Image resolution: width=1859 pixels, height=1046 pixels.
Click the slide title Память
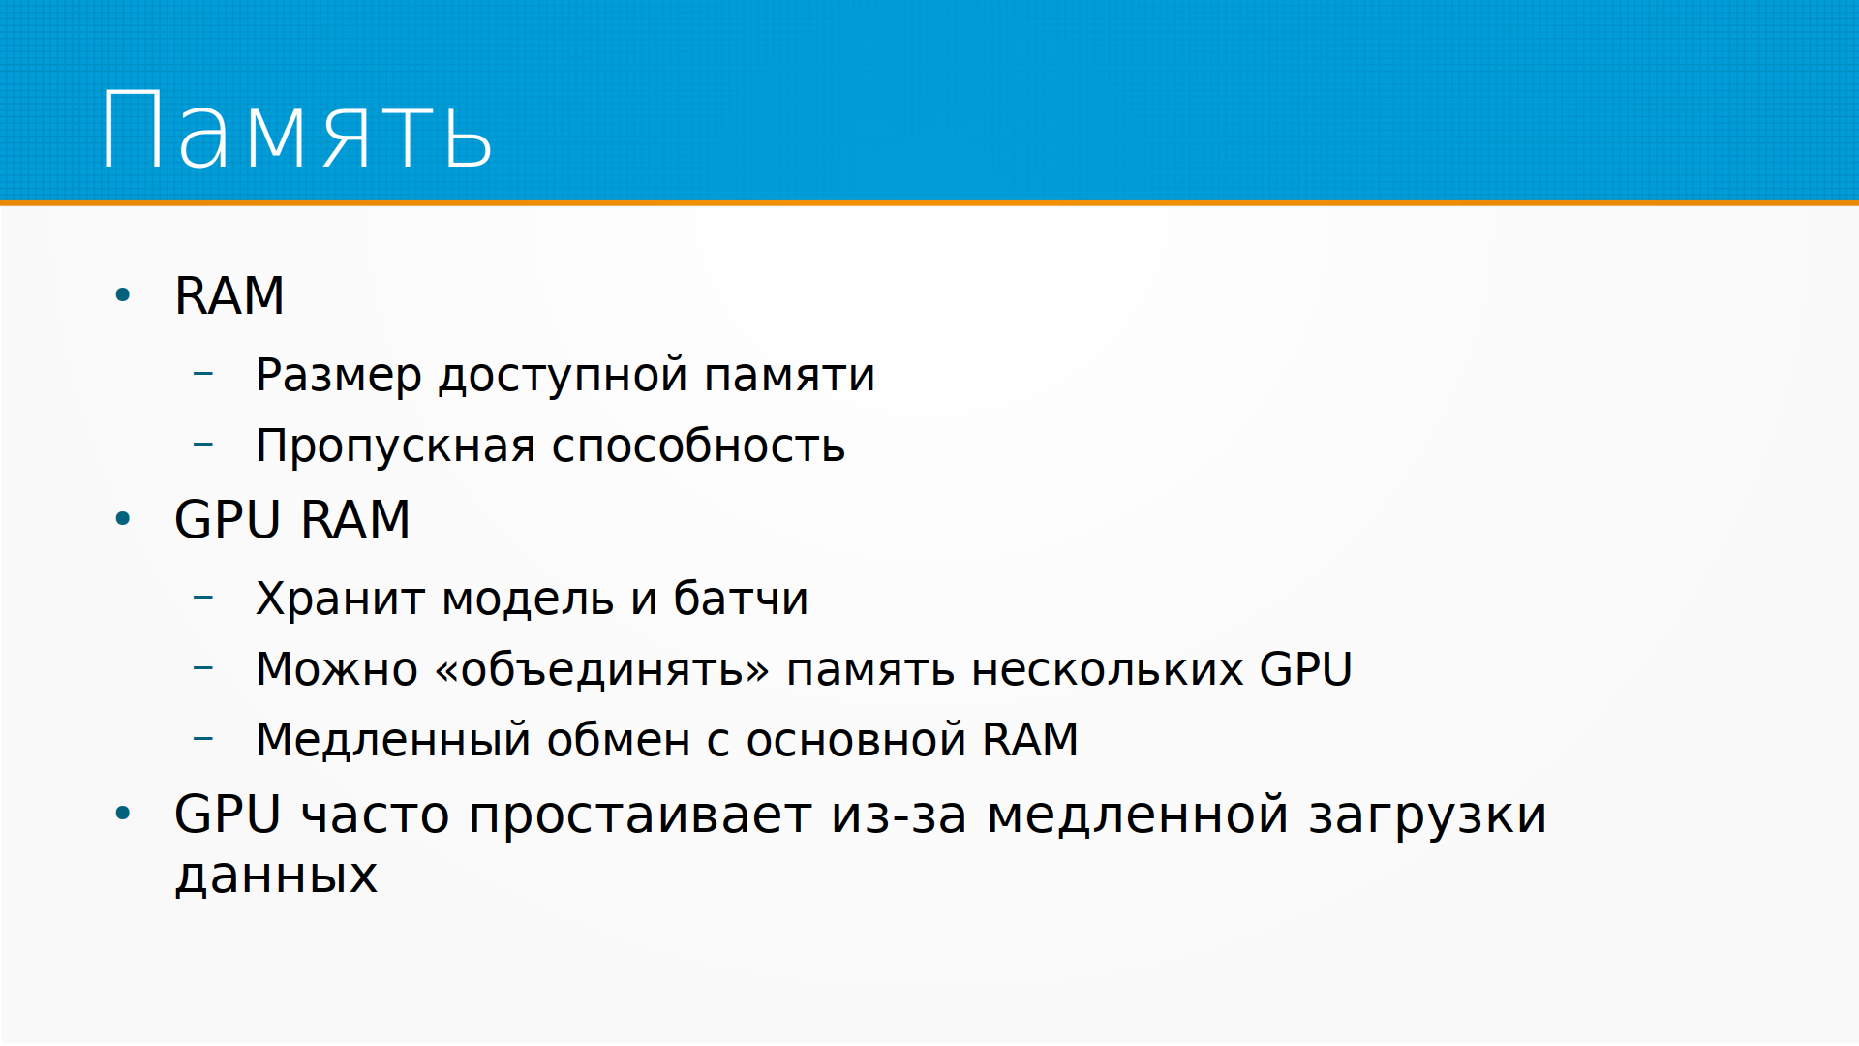296,130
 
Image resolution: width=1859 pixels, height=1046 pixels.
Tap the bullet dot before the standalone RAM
122,294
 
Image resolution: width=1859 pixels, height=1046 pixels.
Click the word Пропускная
396,446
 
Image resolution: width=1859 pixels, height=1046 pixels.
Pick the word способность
698,446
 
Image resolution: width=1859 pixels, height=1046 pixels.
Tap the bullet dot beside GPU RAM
122,519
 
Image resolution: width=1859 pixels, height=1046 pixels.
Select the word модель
528,599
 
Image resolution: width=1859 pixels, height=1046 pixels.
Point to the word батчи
741,599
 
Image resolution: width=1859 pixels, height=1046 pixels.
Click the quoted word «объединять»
602,669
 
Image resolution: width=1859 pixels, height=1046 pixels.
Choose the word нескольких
1108,669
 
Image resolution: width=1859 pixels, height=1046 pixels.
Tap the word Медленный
393,740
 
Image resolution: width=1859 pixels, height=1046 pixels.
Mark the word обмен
619,740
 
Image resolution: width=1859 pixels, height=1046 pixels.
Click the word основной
856,740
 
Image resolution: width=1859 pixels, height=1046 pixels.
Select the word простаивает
640,815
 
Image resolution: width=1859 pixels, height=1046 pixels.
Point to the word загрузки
1427,815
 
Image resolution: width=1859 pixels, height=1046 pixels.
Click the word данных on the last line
276,876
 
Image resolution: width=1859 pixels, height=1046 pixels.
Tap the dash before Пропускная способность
202,445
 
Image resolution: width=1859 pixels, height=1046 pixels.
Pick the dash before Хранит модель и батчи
202,597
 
